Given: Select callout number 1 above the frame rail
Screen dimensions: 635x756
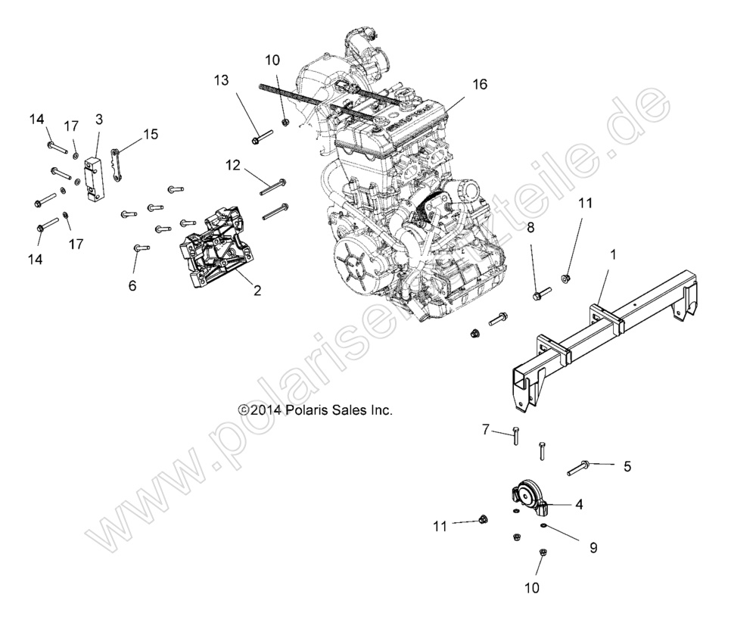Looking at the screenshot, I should [x=613, y=255].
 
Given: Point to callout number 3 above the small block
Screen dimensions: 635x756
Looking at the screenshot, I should [x=98, y=119].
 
